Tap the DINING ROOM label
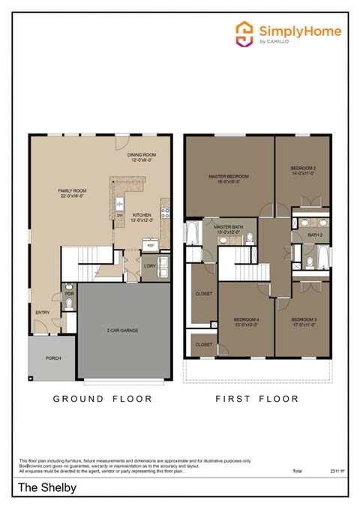click(141, 157)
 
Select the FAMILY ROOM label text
click(73, 193)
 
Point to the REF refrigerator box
click(150, 245)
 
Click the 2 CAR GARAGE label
click(122, 330)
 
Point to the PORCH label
click(53, 358)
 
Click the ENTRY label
click(43, 312)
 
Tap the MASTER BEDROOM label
click(228, 178)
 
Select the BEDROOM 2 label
click(303, 170)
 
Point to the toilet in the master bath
click(250, 239)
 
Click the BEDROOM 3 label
click(304, 322)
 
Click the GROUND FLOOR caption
click(103, 399)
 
